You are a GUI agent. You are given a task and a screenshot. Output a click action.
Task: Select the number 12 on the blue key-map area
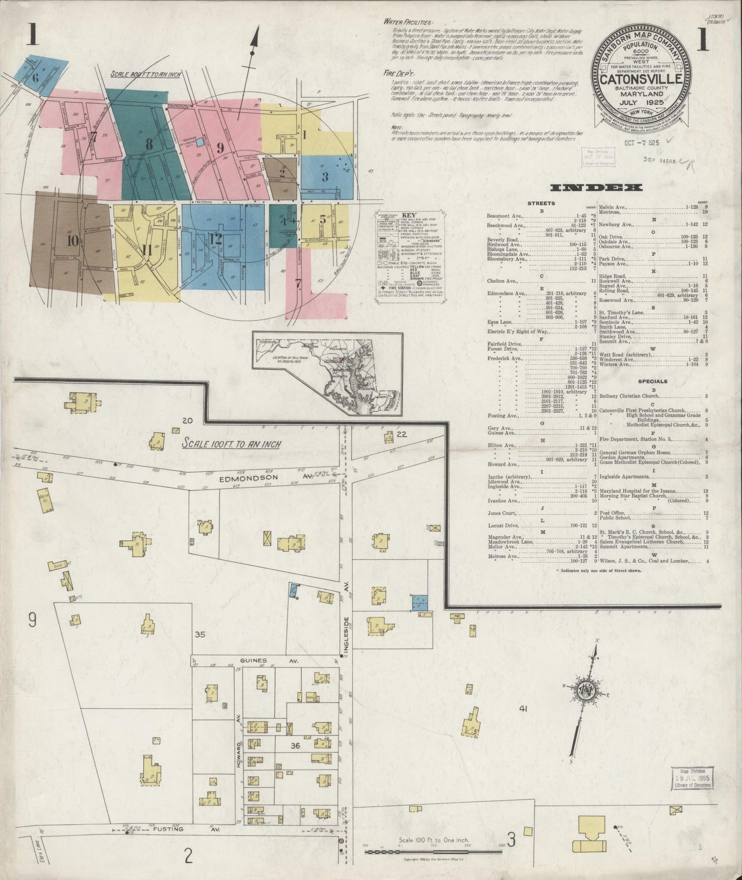coord(215,239)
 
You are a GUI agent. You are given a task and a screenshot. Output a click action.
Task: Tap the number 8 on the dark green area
coord(149,145)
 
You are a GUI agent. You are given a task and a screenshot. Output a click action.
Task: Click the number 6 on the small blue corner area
coord(35,79)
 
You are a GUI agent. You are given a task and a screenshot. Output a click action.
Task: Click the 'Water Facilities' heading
coord(408,23)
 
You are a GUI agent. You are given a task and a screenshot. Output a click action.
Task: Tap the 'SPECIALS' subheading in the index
coord(652,381)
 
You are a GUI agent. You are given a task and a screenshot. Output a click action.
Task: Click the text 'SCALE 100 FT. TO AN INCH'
coord(232,443)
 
